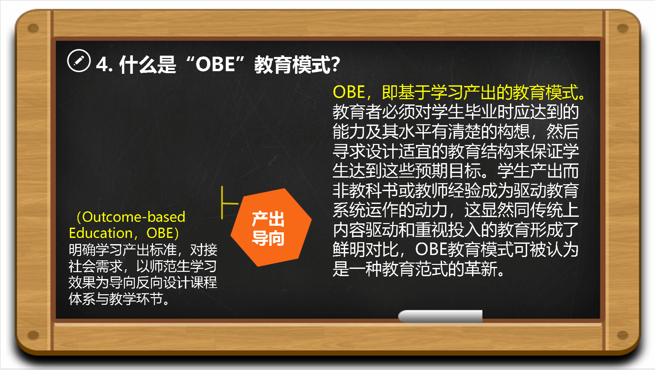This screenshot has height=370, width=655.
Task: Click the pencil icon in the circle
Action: pyautogui.click(x=79, y=61)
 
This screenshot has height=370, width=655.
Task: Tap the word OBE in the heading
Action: pyautogui.click(x=215, y=64)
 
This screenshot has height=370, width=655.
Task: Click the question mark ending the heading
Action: pyautogui.click(x=335, y=64)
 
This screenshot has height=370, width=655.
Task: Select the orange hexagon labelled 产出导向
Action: pyautogui.click(x=271, y=227)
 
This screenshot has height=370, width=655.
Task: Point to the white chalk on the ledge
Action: pyautogui.click(x=440, y=316)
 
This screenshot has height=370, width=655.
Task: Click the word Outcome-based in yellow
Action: pyautogui.click(x=134, y=217)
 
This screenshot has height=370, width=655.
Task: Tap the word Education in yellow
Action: pyautogui.click(x=101, y=233)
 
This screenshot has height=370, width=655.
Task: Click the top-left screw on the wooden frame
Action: pyautogui.click(x=33, y=28)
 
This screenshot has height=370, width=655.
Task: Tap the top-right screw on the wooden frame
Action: pyautogui.click(x=623, y=28)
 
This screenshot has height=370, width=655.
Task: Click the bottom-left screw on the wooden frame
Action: pyautogui.click(x=33, y=335)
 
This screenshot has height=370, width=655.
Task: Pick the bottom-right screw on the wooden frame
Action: pyautogui.click(x=623, y=335)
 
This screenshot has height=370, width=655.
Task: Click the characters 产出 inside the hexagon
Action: pyautogui.click(x=268, y=219)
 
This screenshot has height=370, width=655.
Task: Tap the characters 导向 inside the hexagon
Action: pyautogui.click(x=268, y=238)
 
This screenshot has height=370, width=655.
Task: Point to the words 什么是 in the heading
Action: pyautogui.click(x=148, y=64)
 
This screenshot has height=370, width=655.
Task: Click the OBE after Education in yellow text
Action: pyautogui.click(x=160, y=233)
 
